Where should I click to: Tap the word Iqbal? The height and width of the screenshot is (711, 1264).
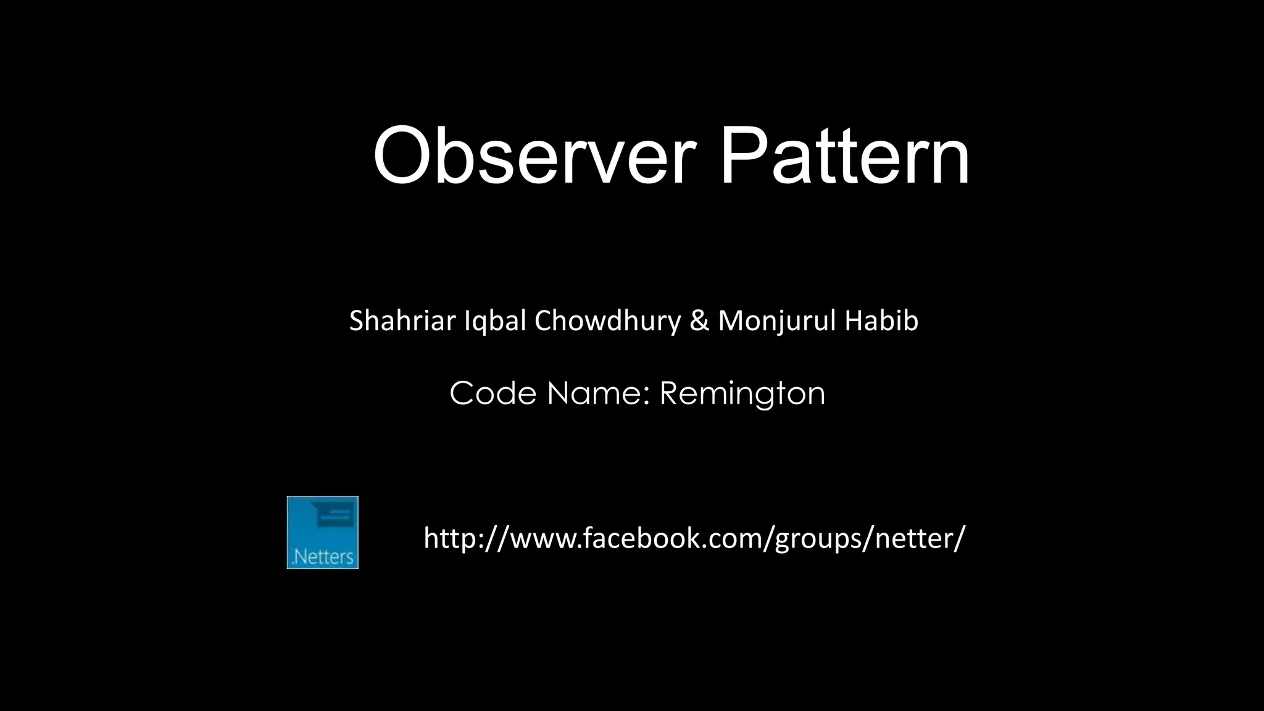point(495,322)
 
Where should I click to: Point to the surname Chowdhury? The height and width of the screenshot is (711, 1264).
point(607,322)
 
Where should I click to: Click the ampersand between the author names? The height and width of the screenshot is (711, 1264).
point(699,321)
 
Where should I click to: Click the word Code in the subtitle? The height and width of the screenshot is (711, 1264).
point(493,393)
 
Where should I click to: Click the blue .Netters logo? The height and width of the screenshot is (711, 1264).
point(323,533)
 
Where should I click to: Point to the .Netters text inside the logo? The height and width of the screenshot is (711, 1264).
point(323,557)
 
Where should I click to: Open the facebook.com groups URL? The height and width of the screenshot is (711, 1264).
point(694,538)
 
